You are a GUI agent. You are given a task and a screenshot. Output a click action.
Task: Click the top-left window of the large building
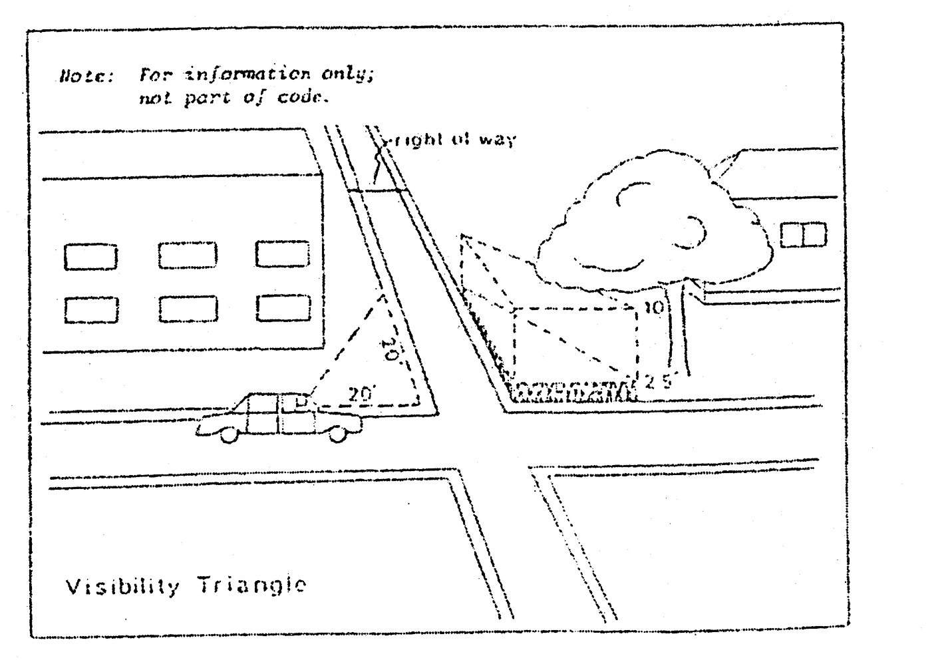[x=90, y=257]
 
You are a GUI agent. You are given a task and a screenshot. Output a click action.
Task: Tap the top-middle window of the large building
[x=188, y=255]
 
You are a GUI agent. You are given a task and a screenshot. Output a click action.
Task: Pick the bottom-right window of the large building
[x=283, y=307]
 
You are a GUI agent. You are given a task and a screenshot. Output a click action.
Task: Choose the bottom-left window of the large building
[x=91, y=309]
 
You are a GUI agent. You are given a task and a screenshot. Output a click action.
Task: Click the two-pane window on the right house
[x=803, y=235]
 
